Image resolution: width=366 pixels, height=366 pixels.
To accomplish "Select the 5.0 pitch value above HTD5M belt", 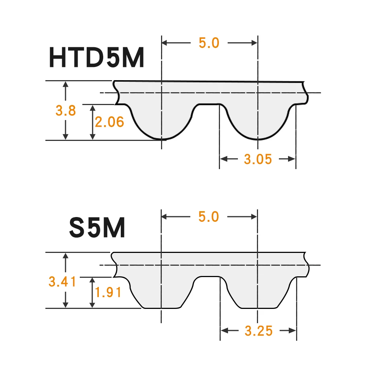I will pyautogui.click(x=209, y=43).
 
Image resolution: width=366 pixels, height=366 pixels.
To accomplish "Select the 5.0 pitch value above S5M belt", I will pyautogui.click(x=209, y=217).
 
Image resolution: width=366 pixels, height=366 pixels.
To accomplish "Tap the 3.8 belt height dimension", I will pyautogui.click(x=66, y=110).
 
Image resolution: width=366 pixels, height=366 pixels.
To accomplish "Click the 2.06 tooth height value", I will pyautogui.click(x=109, y=122).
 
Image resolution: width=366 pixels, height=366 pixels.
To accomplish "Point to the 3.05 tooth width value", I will pyautogui.click(x=258, y=159).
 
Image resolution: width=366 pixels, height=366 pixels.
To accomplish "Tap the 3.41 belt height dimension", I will pyautogui.click(x=63, y=282).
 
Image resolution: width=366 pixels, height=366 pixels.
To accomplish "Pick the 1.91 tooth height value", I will pyautogui.click(x=108, y=292).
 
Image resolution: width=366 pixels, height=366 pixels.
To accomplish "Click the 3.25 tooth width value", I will pyautogui.click(x=259, y=331).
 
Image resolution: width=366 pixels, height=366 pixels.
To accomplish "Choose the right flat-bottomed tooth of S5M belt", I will pyautogui.click(x=258, y=295).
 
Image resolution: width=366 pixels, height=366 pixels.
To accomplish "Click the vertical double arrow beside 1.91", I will pyautogui.click(x=93, y=292).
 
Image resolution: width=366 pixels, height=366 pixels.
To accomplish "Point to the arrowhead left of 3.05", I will pyautogui.click(x=224, y=159).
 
